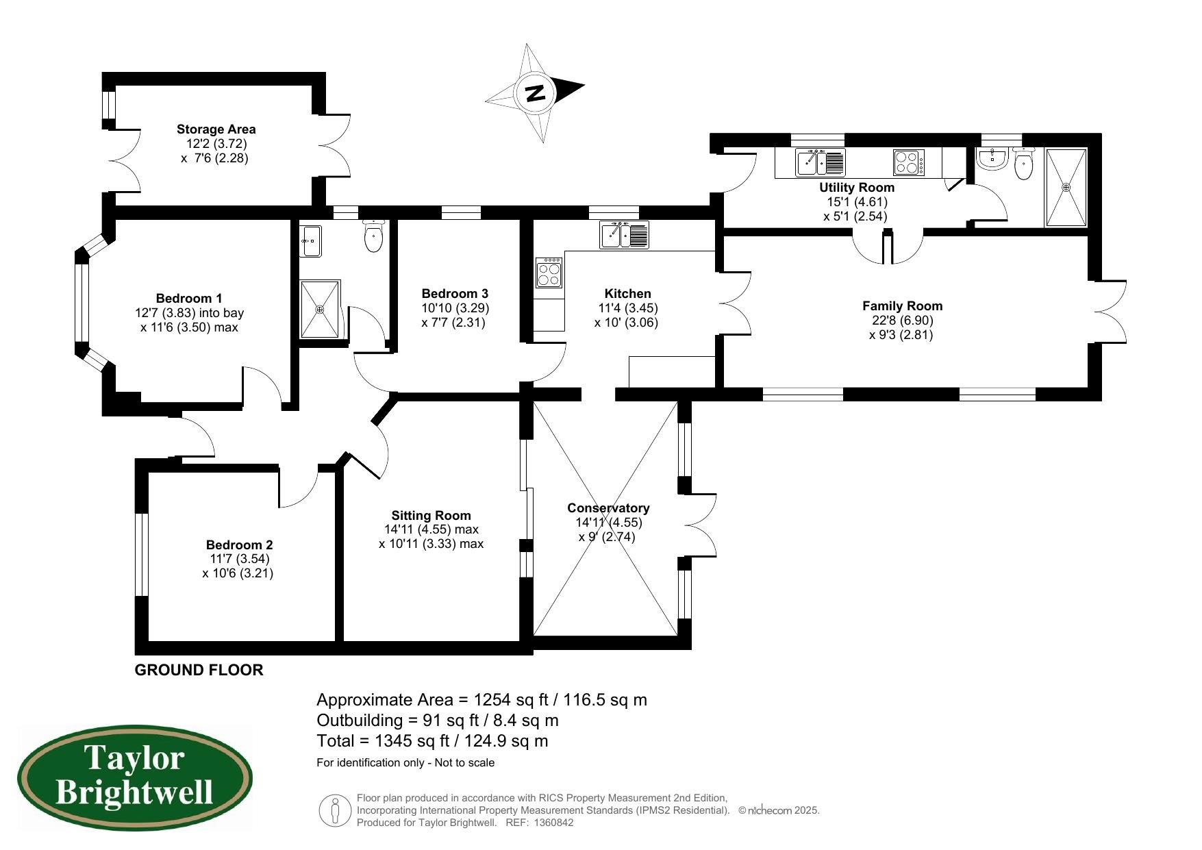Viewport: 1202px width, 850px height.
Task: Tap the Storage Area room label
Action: click(x=216, y=129)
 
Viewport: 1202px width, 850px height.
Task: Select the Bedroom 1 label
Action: click(x=189, y=298)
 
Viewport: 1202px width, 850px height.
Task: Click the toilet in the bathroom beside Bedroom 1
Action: click(x=373, y=236)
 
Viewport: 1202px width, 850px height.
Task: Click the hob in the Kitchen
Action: click(x=549, y=273)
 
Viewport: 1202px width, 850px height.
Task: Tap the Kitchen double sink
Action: click(x=624, y=235)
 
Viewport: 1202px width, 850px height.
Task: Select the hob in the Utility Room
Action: click(x=909, y=162)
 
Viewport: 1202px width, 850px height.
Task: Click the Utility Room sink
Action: click(x=820, y=162)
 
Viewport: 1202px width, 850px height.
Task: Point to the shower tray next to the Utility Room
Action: click(x=1066, y=187)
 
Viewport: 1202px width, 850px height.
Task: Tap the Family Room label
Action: click(x=902, y=306)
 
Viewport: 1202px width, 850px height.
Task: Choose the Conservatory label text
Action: click(x=608, y=508)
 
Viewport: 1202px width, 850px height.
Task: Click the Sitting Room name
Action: click(x=431, y=515)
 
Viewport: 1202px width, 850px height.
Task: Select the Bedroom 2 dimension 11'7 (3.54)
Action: click(x=240, y=559)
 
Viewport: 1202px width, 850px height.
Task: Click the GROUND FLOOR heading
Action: click(x=199, y=670)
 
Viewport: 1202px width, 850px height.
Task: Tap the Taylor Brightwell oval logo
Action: click(x=134, y=778)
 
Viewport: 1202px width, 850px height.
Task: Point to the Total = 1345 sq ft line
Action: click(x=432, y=740)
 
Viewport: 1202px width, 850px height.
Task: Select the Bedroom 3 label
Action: click(x=455, y=293)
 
